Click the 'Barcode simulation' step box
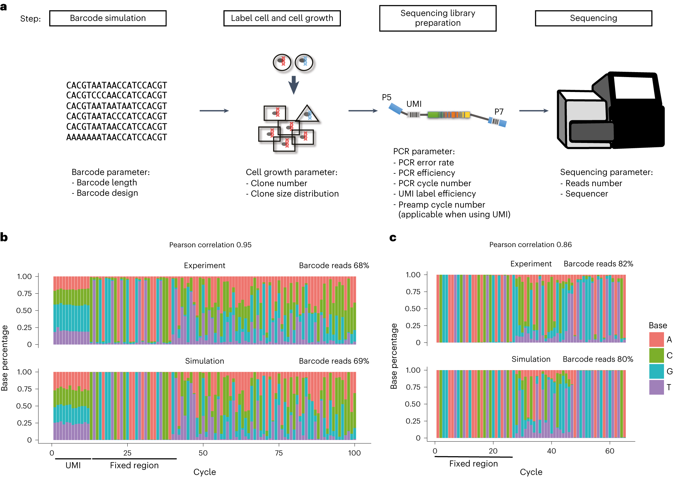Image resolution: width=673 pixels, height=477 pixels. [108, 18]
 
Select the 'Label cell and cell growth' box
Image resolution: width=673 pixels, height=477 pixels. [282, 18]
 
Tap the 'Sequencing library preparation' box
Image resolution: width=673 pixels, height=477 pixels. [438, 18]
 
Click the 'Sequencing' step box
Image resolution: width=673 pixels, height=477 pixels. [593, 18]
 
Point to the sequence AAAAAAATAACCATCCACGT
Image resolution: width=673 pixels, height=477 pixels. [116, 137]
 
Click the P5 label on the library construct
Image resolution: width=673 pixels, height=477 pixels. [386, 97]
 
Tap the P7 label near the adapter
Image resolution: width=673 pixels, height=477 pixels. [499, 112]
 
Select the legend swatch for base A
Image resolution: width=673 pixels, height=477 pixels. [657, 339]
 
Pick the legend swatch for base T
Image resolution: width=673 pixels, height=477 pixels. [657, 387]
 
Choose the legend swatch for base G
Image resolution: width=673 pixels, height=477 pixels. [657, 371]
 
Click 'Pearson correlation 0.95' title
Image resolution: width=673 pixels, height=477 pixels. [210, 245]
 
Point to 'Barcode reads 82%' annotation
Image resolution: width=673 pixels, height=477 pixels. [598, 264]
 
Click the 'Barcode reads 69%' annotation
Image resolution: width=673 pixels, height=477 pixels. [334, 361]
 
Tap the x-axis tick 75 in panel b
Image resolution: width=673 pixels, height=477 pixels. [279, 453]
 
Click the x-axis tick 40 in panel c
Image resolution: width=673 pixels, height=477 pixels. [551, 451]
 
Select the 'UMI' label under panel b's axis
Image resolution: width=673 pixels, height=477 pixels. [73, 465]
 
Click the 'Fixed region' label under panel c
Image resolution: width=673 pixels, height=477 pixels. [473, 464]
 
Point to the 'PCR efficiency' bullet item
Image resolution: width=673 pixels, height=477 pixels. [426, 173]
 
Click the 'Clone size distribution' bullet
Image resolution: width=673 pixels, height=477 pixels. [294, 194]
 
